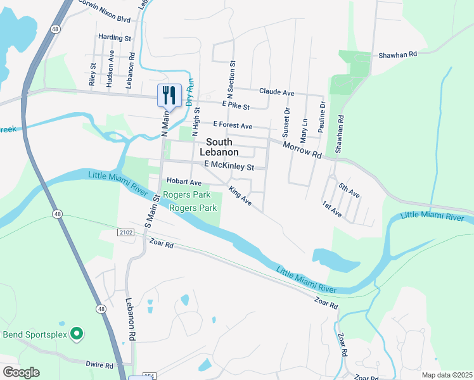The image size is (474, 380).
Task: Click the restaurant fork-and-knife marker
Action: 169,96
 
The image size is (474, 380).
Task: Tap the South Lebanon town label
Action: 219,147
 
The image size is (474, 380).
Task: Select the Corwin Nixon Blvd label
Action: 104,15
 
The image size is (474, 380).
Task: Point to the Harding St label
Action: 114,38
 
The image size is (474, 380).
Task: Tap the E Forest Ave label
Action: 233,125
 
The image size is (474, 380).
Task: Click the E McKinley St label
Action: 229,167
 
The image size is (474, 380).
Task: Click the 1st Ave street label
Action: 332,210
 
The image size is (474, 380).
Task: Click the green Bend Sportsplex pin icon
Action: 77,332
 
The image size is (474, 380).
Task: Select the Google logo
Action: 21,372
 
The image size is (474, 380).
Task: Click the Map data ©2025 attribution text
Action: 447,375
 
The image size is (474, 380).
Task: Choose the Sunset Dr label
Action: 286,119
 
